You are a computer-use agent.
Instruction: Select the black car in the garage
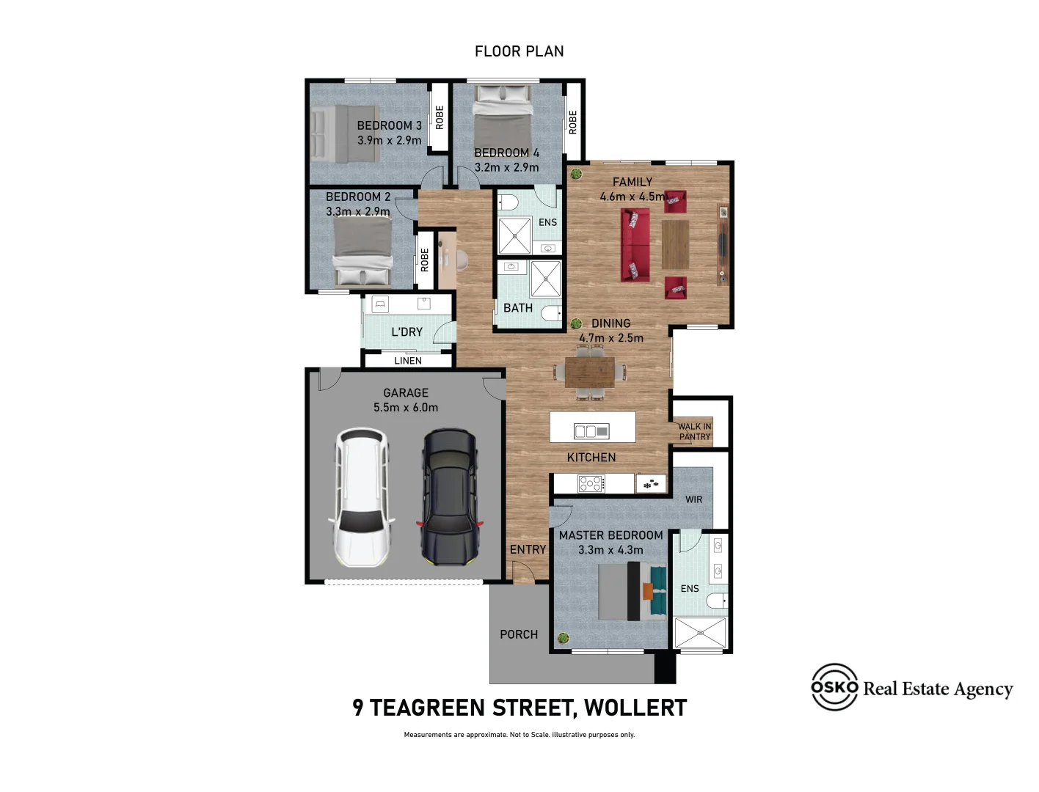click(x=448, y=497)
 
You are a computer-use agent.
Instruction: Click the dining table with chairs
click(x=590, y=372)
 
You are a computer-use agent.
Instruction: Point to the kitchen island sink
click(x=591, y=431)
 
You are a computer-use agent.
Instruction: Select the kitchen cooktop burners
click(x=591, y=483)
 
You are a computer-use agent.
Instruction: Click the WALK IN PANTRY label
click(x=694, y=431)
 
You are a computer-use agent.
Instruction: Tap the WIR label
click(x=693, y=499)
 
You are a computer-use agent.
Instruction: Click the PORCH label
click(x=519, y=634)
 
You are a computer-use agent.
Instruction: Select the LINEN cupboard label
click(x=408, y=361)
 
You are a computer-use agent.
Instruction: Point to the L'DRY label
click(x=407, y=332)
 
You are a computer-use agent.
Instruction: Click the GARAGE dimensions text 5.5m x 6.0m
click(x=406, y=408)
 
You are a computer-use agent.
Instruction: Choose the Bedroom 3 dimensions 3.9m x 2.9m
click(x=390, y=140)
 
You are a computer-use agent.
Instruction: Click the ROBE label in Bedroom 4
click(x=573, y=122)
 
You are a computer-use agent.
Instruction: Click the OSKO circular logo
click(x=834, y=687)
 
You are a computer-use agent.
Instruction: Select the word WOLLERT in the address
click(x=635, y=708)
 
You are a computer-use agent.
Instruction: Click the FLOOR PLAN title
click(x=519, y=51)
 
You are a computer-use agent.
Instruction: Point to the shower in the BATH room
click(x=545, y=279)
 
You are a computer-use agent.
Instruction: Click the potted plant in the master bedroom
click(x=564, y=638)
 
